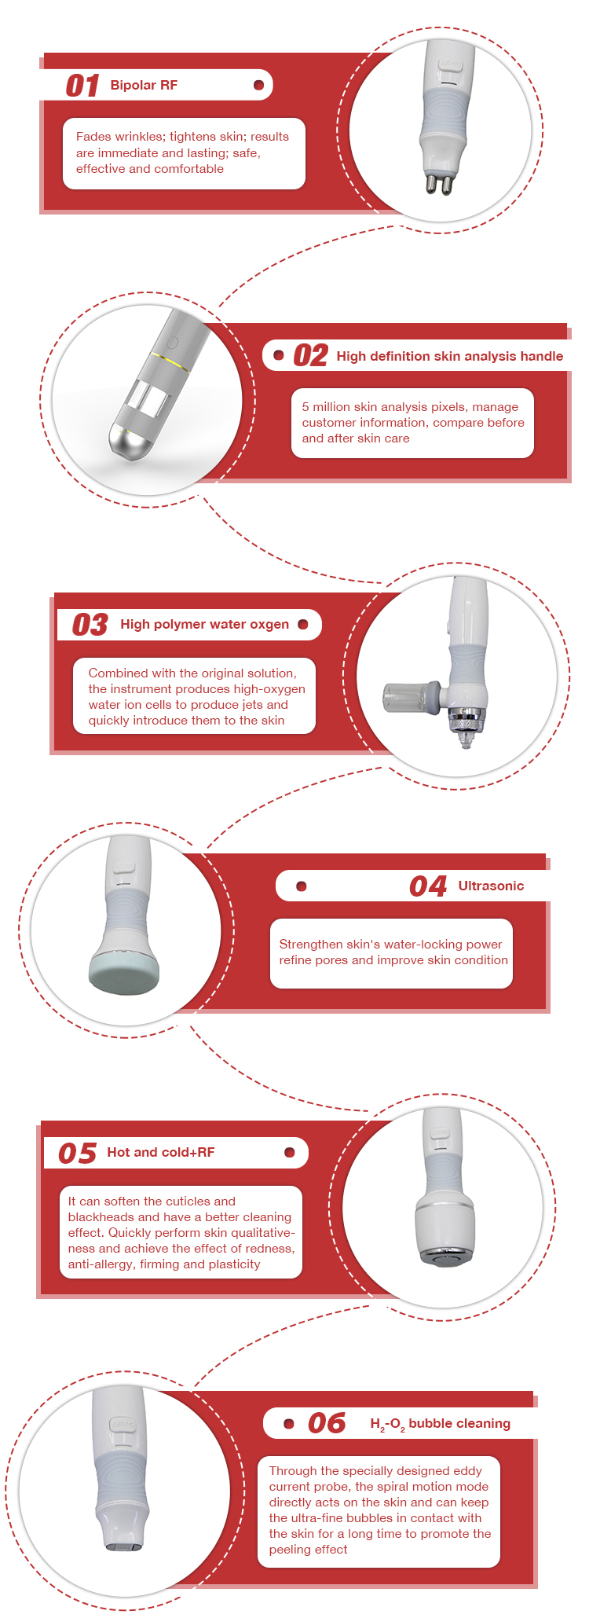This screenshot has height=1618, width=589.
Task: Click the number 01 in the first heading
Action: pyautogui.click(x=82, y=85)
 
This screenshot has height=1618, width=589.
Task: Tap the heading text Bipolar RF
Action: pyautogui.click(x=144, y=85)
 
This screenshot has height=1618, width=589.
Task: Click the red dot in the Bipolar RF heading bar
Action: pyautogui.click(x=258, y=85)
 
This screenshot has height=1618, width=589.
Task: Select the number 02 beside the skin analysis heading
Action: pyautogui.click(x=310, y=356)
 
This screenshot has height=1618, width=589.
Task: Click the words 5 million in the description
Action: pyautogui.click(x=327, y=407)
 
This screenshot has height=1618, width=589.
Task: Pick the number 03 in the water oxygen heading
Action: pyautogui.click(x=90, y=625)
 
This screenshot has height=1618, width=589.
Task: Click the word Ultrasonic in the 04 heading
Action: pyautogui.click(x=491, y=886)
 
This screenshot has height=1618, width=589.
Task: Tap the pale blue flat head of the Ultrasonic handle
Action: pyautogui.click(x=124, y=974)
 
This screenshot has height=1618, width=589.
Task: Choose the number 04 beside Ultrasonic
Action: pyautogui.click(x=428, y=886)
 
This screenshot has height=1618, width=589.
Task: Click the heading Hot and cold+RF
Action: pyautogui.click(x=160, y=1152)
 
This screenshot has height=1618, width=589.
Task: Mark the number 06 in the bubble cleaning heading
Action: pyautogui.click(x=327, y=1423)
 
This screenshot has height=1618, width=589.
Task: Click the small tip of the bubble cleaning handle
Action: pyautogui.click(x=124, y=1546)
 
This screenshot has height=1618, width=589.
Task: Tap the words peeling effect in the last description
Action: pyautogui.click(x=308, y=1550)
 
